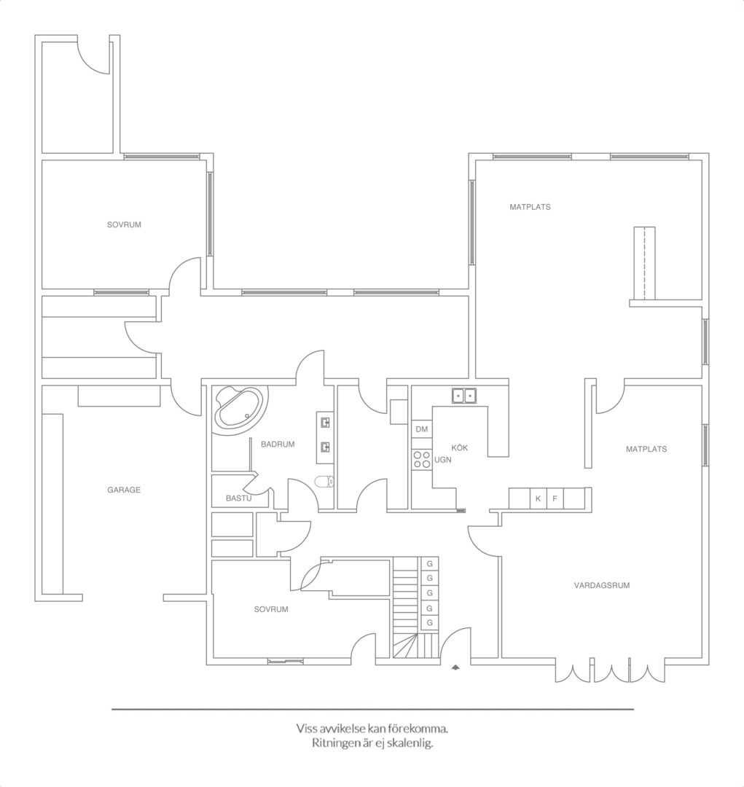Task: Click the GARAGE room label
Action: coord(123,490)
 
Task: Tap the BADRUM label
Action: coord(278,445)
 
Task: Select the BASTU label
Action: coord(238,498)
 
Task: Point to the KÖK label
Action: coord(459,447)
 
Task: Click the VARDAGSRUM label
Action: coord(601,585)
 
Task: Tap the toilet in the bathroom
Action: coord(324,482)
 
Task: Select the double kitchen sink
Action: coord(463,396)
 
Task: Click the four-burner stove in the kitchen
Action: coord(422,460)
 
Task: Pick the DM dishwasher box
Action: coord(422,429)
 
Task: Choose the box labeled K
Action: coord(539,499)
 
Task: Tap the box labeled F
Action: coord(555,499)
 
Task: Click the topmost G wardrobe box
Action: coord(429,563)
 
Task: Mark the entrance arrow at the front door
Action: coord(455,667)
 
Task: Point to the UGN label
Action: coord(443,460)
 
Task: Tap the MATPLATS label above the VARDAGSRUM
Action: coord(646,449)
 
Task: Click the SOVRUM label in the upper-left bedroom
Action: coord(124,225)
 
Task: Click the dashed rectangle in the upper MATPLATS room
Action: coord(645,264)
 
